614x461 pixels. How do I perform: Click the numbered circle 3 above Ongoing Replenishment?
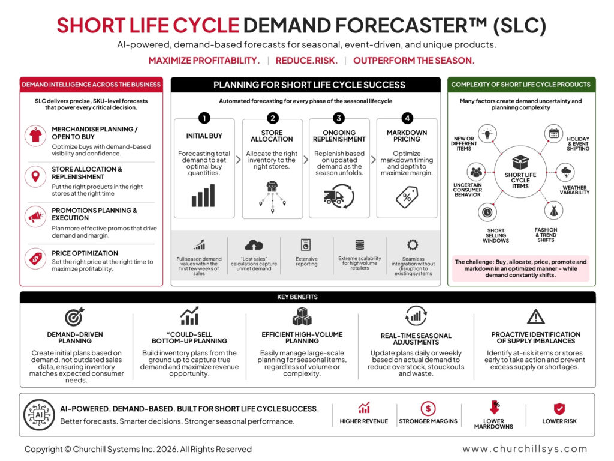point(339,118)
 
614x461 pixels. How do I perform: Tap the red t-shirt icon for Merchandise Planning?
point(35,136)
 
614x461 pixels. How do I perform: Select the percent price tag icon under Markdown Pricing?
point(407,197)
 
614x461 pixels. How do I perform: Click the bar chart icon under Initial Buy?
point(203,196)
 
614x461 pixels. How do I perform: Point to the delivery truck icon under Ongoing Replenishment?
point(339,196)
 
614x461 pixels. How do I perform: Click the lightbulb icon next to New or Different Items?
point(487,134)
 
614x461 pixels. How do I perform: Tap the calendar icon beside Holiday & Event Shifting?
point(553,133)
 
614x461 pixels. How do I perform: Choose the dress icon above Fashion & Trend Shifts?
point(553,211)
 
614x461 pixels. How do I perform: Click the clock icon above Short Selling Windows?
point(487,212)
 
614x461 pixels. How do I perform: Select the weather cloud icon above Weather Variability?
point(566,172)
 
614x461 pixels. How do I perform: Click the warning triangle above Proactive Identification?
point(535,316)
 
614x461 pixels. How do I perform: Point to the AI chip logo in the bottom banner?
point(39,415)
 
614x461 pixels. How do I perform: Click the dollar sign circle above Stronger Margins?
point(428,408)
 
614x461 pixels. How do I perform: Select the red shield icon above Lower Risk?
point(559,409)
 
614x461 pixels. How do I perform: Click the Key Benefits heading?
point(297,297)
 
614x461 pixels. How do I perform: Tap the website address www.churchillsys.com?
point(525,448)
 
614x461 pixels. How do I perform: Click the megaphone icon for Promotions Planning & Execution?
point(35,216)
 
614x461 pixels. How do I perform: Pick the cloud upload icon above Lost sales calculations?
point(254,246)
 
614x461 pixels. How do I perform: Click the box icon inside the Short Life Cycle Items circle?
point(520,162)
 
